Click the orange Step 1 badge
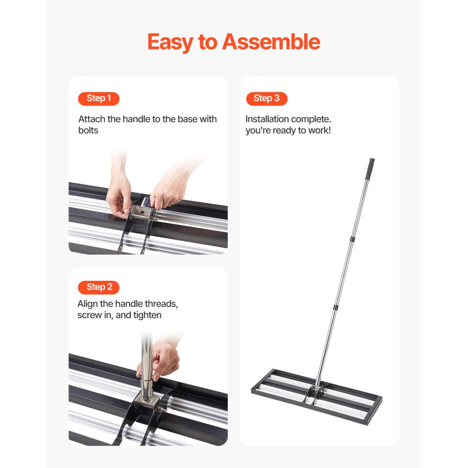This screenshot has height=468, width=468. click(x=98, y=99)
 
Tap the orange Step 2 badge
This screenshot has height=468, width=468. click(x=99, y=287)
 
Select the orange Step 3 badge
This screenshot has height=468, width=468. click(x=266, y=98)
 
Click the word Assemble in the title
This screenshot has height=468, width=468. click(x=271, y=42)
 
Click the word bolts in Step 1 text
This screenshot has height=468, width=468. click(x=88, y=130)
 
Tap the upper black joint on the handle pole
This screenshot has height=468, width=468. click(x=352, y=239)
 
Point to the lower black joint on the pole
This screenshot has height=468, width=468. click(x=335, y=307)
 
